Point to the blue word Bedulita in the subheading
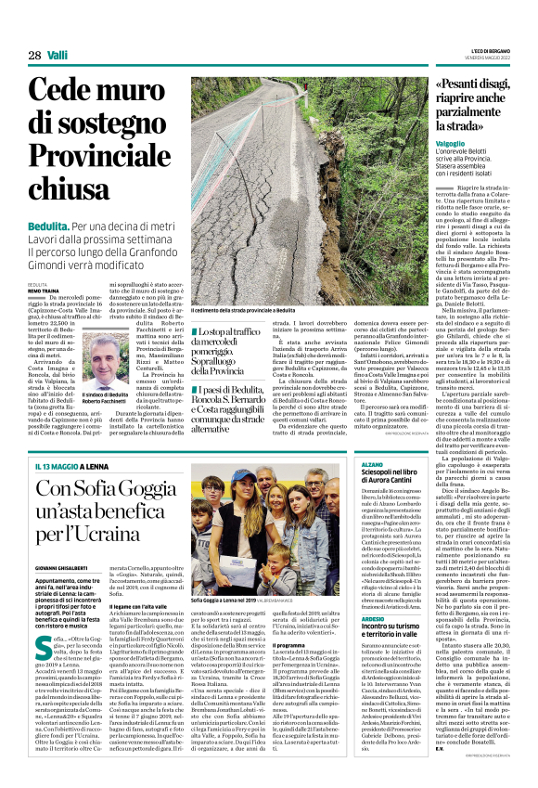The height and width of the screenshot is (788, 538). (x=47, y=226)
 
